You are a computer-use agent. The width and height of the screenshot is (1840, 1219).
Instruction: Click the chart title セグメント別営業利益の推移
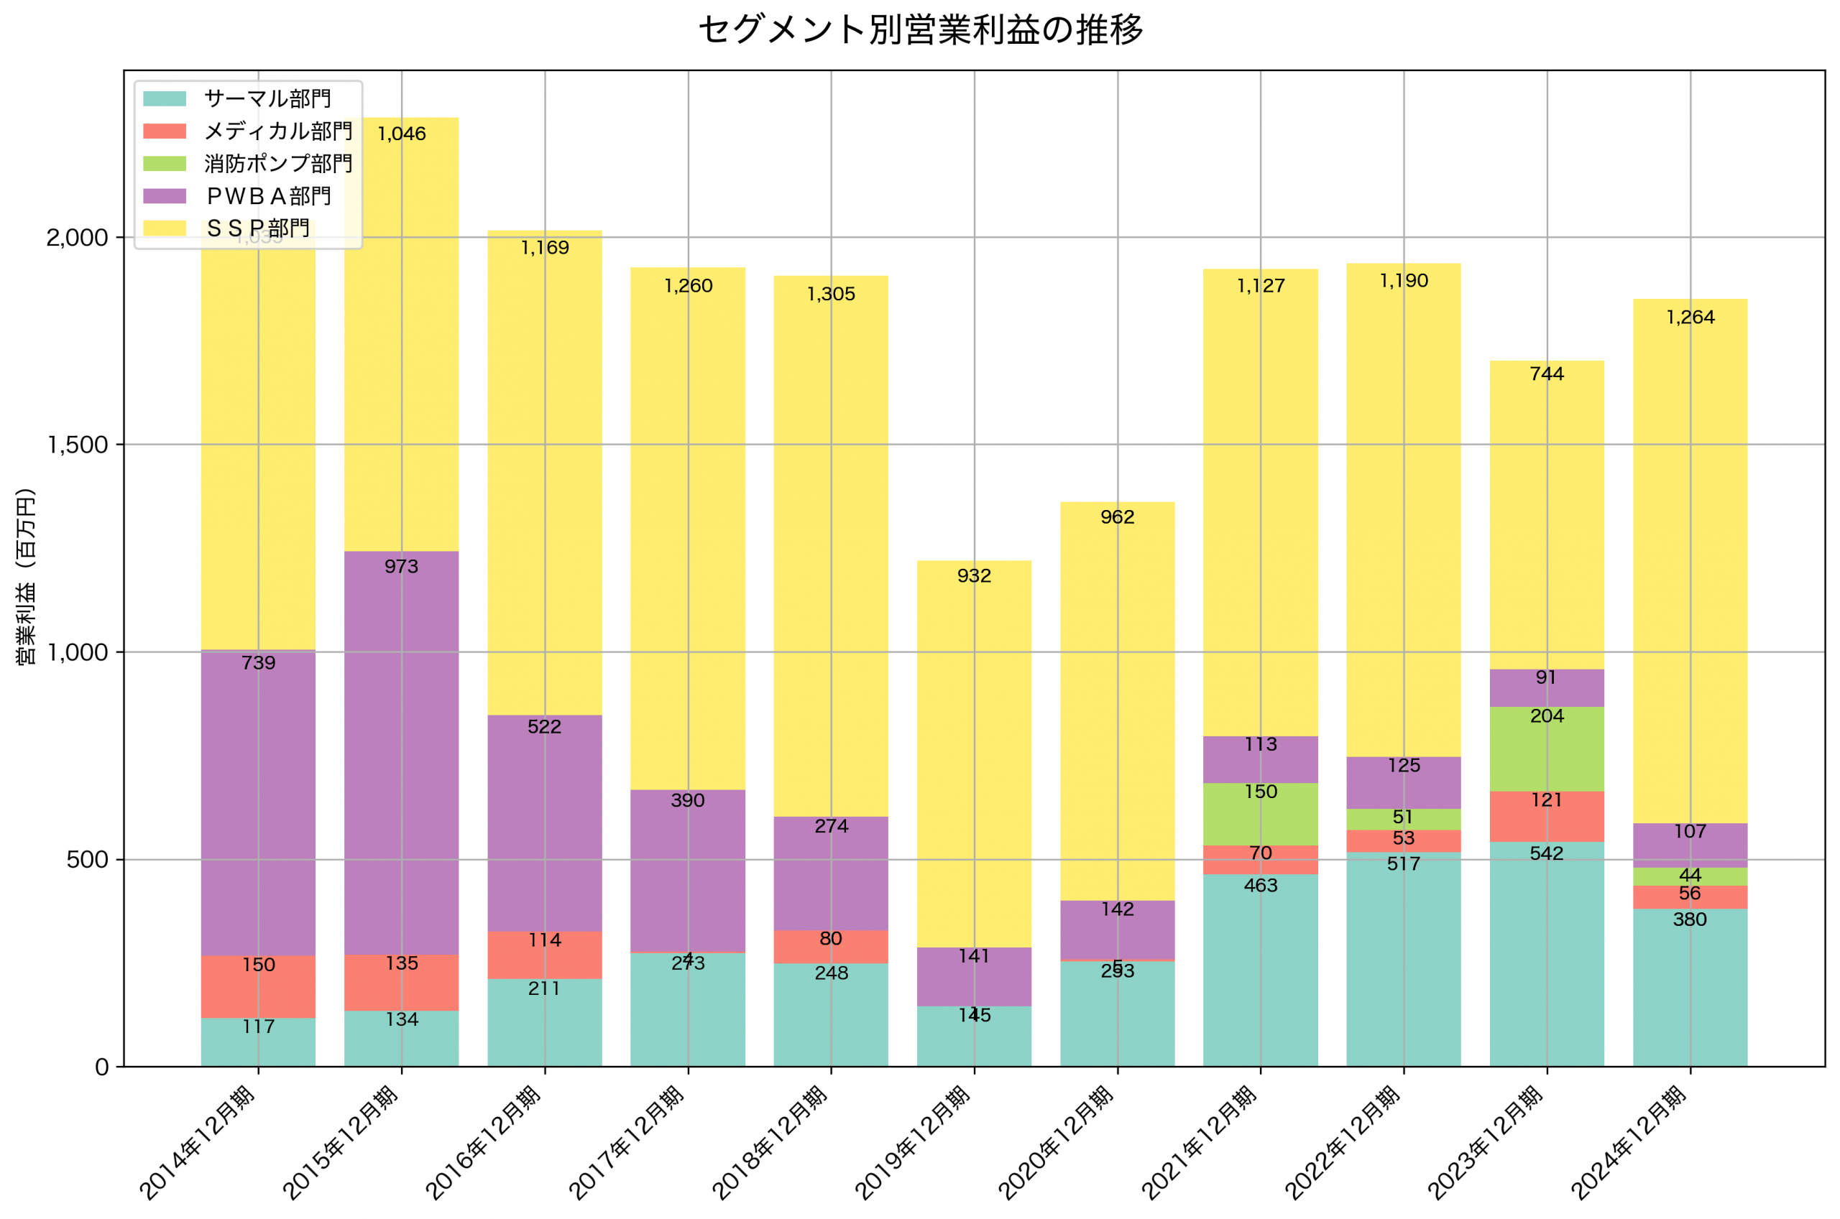[920, 30]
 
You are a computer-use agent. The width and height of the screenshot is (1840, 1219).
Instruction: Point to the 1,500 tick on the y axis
[78, 445]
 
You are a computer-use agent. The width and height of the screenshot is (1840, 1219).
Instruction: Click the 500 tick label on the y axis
[87, 861]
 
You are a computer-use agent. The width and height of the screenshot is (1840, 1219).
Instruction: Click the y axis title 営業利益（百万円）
[26, 576]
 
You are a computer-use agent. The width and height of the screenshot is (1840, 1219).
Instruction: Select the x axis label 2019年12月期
[914, 1143]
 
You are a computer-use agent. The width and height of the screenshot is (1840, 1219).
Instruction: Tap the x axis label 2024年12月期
[1629, 1143]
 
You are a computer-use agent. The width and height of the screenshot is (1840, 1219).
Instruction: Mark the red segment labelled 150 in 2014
[258, 986]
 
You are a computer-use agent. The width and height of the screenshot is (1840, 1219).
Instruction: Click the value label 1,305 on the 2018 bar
[831, 295]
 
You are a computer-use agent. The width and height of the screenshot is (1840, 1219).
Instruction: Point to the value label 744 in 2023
[1547, 375]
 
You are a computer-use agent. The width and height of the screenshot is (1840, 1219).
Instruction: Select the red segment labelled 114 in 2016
[544, 955]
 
